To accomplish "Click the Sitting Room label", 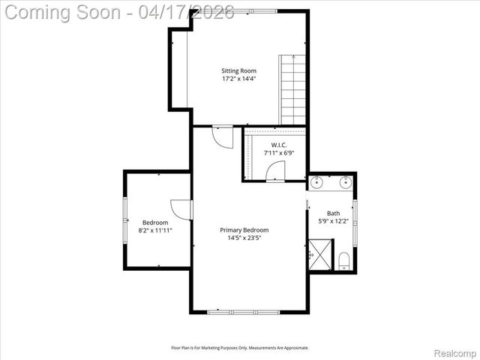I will click(238, 71).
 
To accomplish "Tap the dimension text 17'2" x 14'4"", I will click(238, 79).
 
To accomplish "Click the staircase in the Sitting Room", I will click(293, 90).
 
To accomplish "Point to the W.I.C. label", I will click(274, 145).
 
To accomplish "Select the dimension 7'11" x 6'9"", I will click(274, 152).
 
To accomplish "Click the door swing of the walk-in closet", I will click(275, 175).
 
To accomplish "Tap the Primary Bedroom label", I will click(244, 230).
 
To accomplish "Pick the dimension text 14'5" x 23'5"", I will click(244, 238).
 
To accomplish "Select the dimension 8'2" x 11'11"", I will click(155, 230).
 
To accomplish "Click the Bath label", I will click(334, 214).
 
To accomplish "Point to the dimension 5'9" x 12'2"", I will click(334, 221).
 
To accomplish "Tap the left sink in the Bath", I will click(318, 181).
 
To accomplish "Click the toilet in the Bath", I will click(343, 260).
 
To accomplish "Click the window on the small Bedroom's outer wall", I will click(124, 220).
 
